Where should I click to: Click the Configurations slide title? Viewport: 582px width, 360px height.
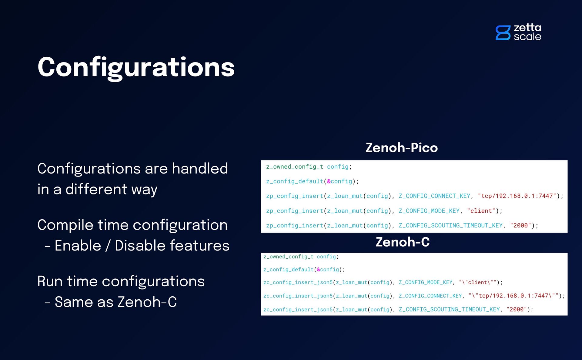coord(136,67)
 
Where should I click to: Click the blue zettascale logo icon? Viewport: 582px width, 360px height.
coord(503,33)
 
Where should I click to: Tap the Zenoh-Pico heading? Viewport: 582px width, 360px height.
coord(402,148)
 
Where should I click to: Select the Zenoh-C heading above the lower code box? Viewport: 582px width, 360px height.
coord(403,242)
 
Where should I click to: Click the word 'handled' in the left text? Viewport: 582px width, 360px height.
coord(200,169)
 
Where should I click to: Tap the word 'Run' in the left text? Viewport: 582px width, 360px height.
coord(50,281)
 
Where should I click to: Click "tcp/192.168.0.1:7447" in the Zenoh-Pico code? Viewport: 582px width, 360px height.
coord(517,196)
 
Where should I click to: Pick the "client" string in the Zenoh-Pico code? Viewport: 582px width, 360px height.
coord(481,211)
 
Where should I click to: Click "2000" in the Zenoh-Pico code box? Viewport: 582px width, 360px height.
coord(520,225)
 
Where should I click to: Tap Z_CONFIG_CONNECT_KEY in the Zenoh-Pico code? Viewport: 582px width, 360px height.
coord(434,196)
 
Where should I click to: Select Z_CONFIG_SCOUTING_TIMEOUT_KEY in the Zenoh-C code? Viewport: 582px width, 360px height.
coord(449,309)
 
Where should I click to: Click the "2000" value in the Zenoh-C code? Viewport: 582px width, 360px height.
coord(517,309)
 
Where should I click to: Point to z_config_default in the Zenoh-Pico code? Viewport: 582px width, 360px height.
coord(295,181)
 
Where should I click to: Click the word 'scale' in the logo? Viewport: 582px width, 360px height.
coord(527,37)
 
